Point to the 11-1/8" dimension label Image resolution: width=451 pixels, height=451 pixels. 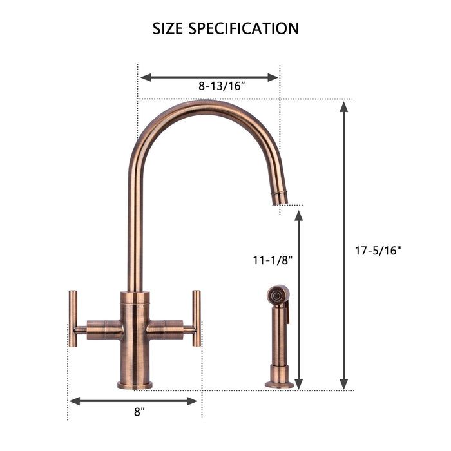[273, 260]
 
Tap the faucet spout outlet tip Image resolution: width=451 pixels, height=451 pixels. [280, 198]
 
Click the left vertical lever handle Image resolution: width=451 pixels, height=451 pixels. [73, 318]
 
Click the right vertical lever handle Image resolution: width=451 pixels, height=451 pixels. [197, 318]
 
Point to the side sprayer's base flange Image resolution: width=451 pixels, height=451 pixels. [279, 384]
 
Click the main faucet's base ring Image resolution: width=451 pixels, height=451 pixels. [135, 385]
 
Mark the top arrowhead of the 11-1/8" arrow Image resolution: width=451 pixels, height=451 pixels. [298, 215]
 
